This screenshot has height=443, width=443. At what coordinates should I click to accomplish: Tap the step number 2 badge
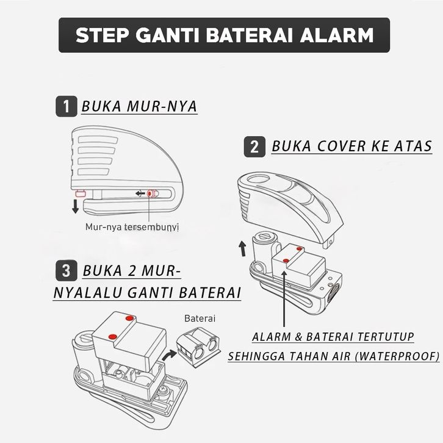[x=254, y=147]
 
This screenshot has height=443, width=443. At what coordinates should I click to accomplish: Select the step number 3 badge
[x=65, y=270]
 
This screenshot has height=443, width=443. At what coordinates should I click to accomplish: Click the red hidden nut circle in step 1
[x=150, y=193]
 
